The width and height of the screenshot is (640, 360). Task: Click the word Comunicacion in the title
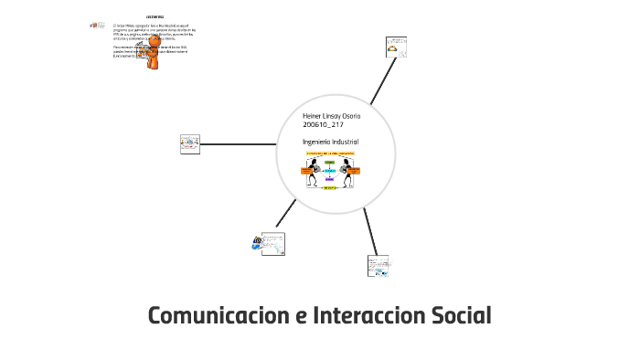pos(216,316)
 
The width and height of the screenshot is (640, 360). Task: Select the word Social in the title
pos(459,316)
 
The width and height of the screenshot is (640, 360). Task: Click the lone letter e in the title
pos(299,317)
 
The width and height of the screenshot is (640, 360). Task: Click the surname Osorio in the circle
pos(350,115)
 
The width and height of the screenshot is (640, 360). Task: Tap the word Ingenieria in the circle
pos(316,142)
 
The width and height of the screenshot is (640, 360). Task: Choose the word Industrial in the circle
pos(346,142)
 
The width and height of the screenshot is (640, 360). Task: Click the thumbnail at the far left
pos(190,143)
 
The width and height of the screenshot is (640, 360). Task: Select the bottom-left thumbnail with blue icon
pos(269,241)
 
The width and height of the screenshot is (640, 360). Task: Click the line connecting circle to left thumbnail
pos(239,143)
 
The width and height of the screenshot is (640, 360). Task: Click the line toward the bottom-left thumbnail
pos(286,213)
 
